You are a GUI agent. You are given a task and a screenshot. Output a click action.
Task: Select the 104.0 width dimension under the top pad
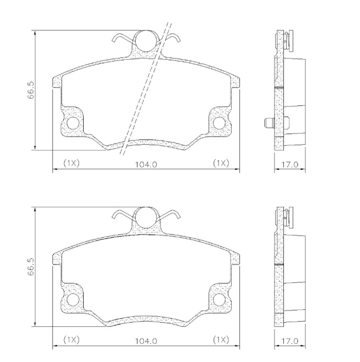146,164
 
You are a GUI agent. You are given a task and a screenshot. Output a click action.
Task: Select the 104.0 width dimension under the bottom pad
146,340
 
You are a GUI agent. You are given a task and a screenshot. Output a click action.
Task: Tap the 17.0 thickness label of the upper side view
289,165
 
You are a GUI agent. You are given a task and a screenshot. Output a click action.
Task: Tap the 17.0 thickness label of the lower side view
289,340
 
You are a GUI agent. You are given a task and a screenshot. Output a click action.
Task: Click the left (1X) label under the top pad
71,163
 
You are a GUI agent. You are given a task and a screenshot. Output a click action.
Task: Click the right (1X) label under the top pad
221,163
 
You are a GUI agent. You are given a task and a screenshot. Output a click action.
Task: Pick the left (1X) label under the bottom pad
71,340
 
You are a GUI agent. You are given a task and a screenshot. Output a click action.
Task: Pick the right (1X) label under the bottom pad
221,340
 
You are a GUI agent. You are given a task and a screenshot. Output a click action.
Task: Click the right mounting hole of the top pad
219,123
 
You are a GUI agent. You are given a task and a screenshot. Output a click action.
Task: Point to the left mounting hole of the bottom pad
73,300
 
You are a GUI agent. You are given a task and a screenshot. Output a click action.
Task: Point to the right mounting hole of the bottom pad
219,300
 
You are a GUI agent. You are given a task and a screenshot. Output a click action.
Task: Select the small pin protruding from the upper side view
268,123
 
